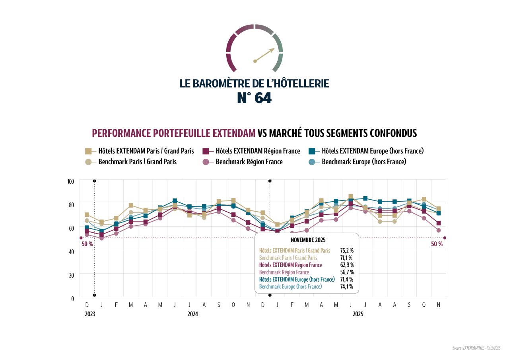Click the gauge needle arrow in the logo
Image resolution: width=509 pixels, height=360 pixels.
pos(265,55)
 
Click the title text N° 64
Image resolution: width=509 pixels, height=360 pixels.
pos(254,98)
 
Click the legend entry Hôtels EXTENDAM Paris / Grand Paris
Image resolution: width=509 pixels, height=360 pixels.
pos(146,151)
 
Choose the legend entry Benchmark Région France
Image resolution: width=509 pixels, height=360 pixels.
pos(249,162)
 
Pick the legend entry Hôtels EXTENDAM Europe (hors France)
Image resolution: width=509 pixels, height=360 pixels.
pos(372,151)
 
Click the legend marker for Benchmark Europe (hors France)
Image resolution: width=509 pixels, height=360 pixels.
pos(312,162)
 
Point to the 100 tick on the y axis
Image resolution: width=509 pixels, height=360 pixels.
pos(70,181)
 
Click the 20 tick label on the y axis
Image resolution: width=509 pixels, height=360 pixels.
pos(72,275)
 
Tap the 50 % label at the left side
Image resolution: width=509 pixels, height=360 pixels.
pos(87,244)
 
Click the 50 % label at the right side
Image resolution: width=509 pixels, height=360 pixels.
pos(437,244)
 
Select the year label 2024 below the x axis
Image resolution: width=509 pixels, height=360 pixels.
pos(192,314)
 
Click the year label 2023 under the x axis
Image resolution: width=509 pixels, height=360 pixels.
pos(90,314)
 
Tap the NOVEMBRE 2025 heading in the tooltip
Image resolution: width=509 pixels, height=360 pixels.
pos(308,240)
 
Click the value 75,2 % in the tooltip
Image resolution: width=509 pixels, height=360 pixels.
pos(347,251)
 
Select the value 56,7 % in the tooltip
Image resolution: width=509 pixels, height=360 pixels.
pos(347,272)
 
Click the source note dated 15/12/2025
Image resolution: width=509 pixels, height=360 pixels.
pos(476,348)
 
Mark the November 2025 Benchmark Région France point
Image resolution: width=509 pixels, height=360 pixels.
pos(438,230)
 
